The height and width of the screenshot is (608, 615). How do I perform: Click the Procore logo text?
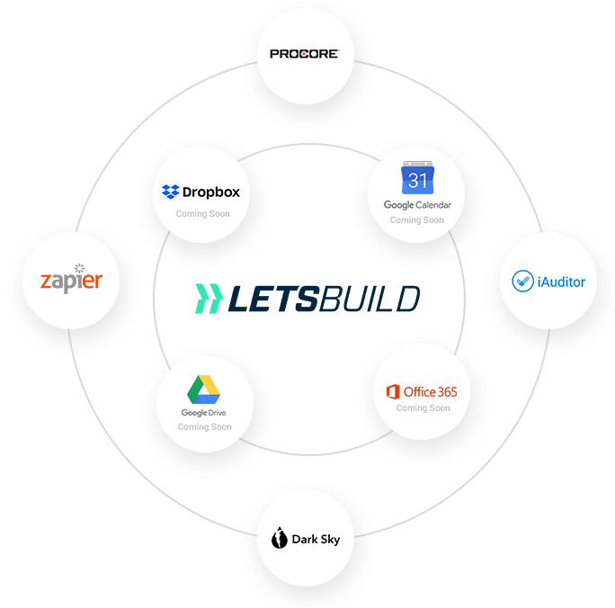(x=304, y=54)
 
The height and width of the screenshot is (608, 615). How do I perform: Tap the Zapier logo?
(x=71, y=280)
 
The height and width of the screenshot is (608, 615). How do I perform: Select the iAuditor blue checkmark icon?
(x=521, y=282)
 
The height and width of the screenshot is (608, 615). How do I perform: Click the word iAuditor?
(x=560, y=282)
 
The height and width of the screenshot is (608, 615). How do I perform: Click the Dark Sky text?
(x=316, y=540)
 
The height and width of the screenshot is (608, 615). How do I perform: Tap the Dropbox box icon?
(x=170, y=192)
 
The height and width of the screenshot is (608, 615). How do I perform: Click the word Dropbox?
(x=211, y=192)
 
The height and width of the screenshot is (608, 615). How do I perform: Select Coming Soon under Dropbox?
(x=202, y=214)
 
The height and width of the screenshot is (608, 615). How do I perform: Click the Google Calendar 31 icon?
(x=417, y=180)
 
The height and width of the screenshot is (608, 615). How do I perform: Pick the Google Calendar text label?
(x=417, y=205)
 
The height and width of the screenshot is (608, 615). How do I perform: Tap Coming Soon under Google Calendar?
(x=417, y=219)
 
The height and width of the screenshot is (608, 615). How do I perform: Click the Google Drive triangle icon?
(x=203, y=389)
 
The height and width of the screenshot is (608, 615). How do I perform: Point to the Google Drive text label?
(x=204, y=413)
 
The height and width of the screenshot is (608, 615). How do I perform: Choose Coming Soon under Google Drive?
(x=204, y=427)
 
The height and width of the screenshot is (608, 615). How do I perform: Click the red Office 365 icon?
(x=392, y=392)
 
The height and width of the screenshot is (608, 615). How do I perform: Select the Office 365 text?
(x=430, y=392)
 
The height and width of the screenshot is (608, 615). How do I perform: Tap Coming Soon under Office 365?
(x=423, y=408)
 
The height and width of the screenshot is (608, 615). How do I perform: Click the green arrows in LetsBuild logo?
(x=208, y=298)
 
